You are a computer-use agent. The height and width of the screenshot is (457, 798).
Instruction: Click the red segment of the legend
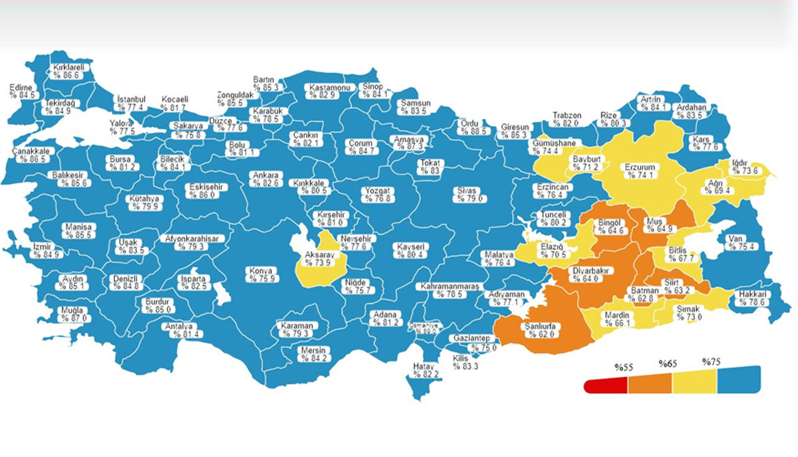606,386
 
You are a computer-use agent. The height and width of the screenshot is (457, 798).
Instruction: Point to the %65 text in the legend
667,364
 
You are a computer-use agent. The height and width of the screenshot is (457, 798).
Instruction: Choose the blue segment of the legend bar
737,380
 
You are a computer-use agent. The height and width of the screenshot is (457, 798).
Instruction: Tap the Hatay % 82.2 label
424,370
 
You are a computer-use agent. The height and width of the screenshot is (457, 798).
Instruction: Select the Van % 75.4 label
741,243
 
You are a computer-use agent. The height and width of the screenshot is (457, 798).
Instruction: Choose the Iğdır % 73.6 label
742,167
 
